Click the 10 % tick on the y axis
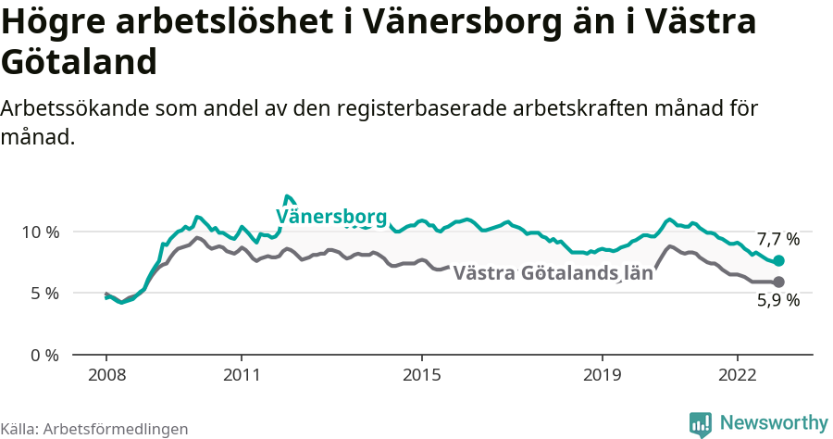pos(38,232)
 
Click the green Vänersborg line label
pos(330,217)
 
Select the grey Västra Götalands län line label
pos(553,273)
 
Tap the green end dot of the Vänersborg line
pos(778,261)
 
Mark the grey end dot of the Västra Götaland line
pos(778,282)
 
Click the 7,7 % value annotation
pos(777,239)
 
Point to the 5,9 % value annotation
pos(777,301)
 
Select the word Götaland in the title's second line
pos(78,62)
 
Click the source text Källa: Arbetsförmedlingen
pos(94,429)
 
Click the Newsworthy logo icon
pos(701,423)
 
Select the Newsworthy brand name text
pos(773,422)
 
